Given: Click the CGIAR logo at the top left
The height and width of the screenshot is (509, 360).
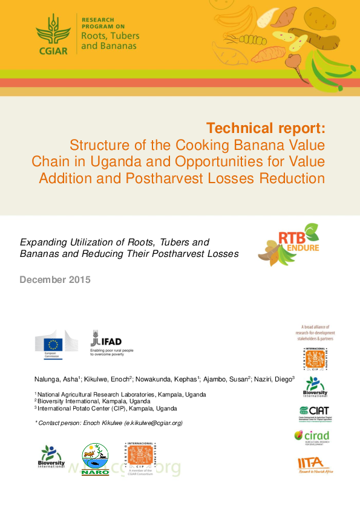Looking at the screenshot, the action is coord(53,34).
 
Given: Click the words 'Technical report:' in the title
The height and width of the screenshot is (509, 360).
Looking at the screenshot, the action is coord(266,128).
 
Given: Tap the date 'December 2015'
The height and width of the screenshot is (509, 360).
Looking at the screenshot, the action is coord(55,279).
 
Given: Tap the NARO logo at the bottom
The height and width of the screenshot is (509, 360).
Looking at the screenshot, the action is coord(95,460).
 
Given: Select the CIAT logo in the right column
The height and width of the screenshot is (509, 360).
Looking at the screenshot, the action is coord(314,413).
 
